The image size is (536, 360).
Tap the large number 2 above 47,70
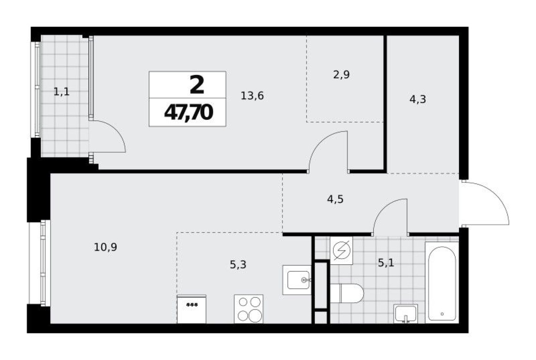(x=197, y=85)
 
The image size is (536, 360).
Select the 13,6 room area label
(x=252, y=96)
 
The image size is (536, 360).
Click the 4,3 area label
(x=417, y=99)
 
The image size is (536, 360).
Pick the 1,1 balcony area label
(x=61, y=92)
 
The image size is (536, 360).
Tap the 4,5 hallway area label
(x=335, y=200)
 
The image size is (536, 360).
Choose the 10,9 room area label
(x=105, y=247)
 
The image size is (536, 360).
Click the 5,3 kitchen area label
(x=238, y=265)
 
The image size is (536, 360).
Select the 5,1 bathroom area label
(x=386, y=263)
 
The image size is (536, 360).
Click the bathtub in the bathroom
(x=441, y=282)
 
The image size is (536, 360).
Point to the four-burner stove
(x=249, y=309)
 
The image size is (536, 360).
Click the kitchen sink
(x=297, y=280)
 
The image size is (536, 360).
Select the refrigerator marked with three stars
(x=191, y=309)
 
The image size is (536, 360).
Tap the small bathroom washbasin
(x=405, y=313)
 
